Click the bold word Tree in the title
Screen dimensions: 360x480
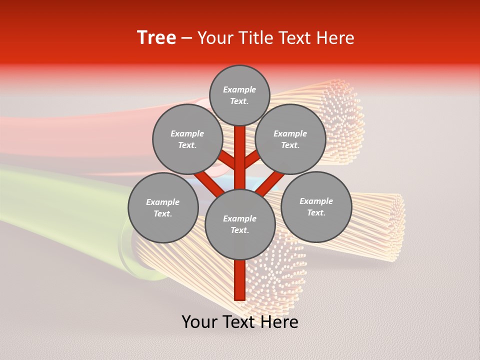[156, 37]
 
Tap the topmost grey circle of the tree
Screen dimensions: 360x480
[239, 95]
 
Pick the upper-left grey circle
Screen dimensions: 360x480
[187, 139]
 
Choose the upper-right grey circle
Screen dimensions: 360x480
[290, 139]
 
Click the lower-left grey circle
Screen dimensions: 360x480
[163, 207]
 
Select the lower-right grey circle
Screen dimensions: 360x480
[316, 206]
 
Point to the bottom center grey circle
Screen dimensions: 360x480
[240, 224]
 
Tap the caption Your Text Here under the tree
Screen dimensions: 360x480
[240, 322]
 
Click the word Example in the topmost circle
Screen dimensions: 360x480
[239, 89]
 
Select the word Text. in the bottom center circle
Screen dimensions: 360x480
[239, 230]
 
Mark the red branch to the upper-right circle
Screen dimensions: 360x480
[252, 159]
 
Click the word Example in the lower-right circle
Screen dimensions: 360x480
[316, 201]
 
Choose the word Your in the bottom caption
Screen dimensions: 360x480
[199, 322]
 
